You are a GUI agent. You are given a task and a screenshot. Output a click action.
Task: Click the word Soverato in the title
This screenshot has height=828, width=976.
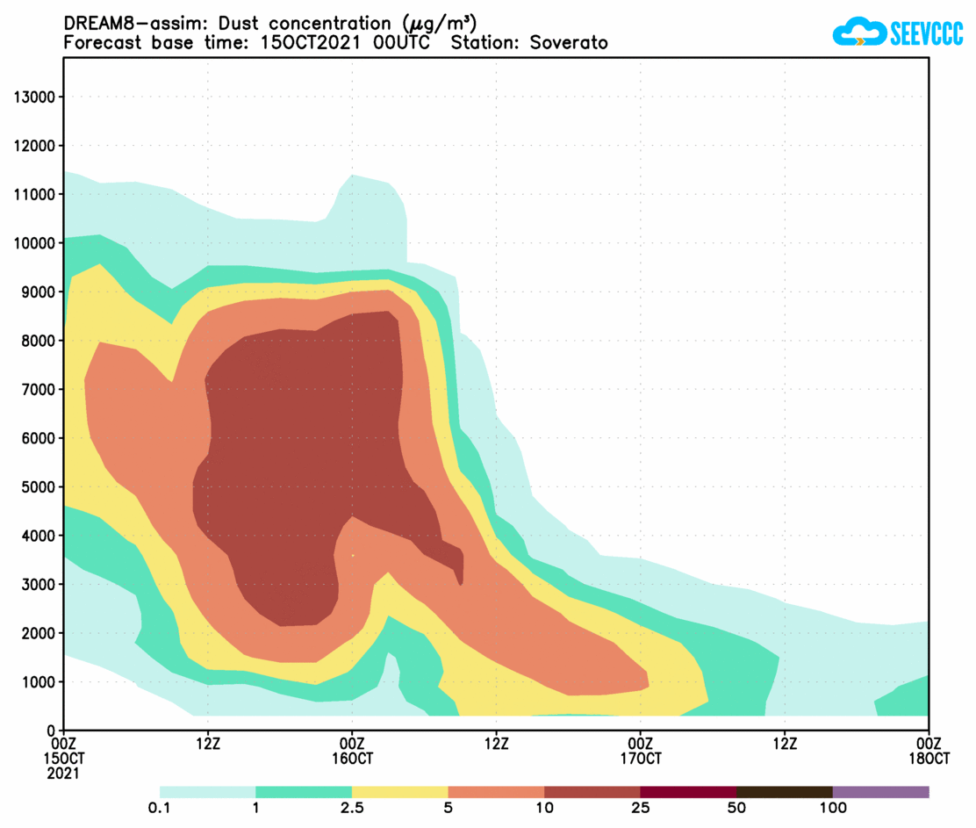point(569,43)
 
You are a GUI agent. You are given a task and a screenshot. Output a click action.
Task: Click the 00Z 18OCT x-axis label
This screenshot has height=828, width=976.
point(929,751)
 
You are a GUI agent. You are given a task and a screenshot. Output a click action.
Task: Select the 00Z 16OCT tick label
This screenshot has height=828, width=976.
point(352,751)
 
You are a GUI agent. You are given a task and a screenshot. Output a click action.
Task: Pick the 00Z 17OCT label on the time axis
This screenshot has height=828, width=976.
point(640,751)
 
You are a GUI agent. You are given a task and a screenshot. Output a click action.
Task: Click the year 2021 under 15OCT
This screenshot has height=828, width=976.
point(63,774)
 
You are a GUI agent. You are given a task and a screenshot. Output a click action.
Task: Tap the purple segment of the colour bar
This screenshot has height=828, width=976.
point(880,792)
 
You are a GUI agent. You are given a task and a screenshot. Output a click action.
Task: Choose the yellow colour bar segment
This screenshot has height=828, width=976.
point(399,792)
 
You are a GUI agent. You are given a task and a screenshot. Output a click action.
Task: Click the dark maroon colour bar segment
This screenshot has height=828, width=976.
point(688,792)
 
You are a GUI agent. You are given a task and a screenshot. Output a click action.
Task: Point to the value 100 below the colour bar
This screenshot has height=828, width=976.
point(832,809)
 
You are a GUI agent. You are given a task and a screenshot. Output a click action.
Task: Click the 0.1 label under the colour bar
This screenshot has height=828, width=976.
point(161,809)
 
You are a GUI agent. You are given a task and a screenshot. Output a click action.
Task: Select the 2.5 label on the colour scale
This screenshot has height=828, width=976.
point(351,809)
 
